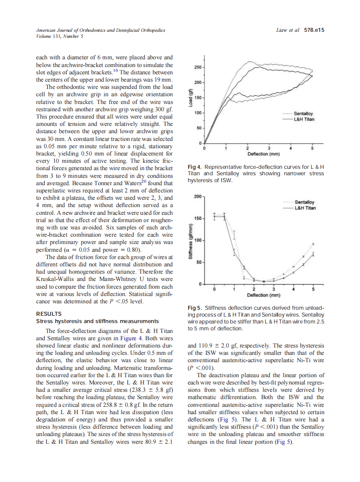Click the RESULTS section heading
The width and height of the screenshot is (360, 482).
pyautogui.click(x=49, y=314)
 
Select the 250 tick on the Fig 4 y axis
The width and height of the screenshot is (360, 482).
pyautogui.click(x=198, y=67)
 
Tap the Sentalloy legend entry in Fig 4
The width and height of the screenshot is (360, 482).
pyautogui.click(x=303, y=113)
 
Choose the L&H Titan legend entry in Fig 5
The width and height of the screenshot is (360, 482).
pyautogui.click(x=305, y=208)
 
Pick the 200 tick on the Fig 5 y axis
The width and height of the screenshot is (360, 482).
pyautogui.click(x=197, y=196)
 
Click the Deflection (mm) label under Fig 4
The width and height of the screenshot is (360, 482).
pyautogui.click(x=264, y=154)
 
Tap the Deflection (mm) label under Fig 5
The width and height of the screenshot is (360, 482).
pyautogui.click(x=264, y=295)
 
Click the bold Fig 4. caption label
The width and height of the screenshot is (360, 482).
pyautogui.click(x=195, y=167)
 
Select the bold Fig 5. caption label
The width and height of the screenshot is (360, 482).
pyautogui.click(x=195, y=308)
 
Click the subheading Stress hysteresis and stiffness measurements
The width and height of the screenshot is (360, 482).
pyautogui.click(x=98, y=321)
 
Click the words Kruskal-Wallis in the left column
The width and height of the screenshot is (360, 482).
pyautogui.click(x=53, y=280)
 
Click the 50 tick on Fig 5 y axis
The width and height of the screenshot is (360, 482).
pyautogui.click(x=198, y=262)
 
